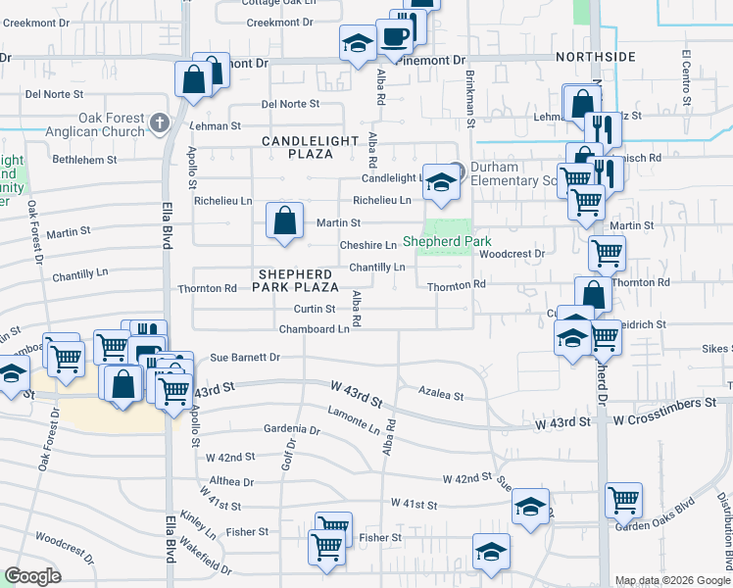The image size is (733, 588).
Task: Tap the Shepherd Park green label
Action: tap(447, 241)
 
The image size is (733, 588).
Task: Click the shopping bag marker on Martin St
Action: tap(283, 220)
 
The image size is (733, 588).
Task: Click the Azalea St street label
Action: tap(441, 394)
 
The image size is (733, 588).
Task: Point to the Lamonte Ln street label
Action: tap(354, 422)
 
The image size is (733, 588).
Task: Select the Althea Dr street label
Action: tap(231, 482)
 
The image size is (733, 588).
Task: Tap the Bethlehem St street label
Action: tap(85, 159)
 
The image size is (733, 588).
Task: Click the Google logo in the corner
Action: tap(32, 577)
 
